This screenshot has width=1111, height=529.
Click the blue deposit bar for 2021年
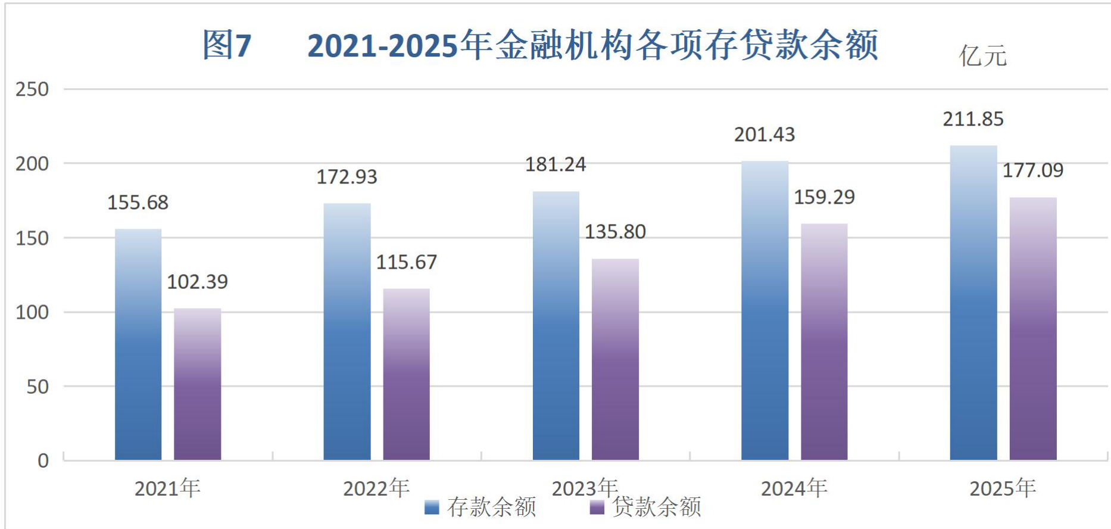coord(138,344)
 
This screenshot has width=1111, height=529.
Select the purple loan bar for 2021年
coord(198,384)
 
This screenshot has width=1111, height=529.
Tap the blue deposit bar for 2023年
coord(556,326)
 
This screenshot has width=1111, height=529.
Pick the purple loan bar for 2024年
coord(824,342)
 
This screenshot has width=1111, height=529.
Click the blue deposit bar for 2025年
coord(973,303)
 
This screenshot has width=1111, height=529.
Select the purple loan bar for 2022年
coord(407,374)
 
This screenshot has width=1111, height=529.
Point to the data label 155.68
coord(138,203)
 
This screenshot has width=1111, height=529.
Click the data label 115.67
coord(407,262)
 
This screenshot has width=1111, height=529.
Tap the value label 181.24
coord(555,164)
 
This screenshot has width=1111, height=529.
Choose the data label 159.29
coord(825,197)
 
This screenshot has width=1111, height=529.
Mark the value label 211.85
coord(973,119)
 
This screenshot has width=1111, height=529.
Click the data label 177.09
coord(1033,171)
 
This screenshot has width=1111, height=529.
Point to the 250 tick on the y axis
coord(32,89)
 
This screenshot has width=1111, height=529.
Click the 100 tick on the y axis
coord(32,312)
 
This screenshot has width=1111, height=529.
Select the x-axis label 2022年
coord(376,488)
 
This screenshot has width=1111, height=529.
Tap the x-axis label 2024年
coord(794,488)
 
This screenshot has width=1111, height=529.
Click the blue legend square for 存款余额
coord(432,508)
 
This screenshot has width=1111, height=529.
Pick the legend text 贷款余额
coord(657,507)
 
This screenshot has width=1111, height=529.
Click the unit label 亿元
coord(983,56)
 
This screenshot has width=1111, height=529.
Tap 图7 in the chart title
coord(227,45)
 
